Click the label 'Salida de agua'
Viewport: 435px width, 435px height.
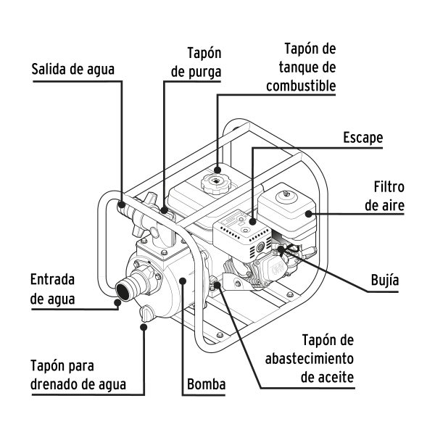point(73,70)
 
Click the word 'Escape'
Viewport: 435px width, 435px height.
point(363,138)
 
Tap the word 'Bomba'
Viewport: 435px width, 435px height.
point(207,384)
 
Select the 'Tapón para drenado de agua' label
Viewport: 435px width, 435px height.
point(78,375)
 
